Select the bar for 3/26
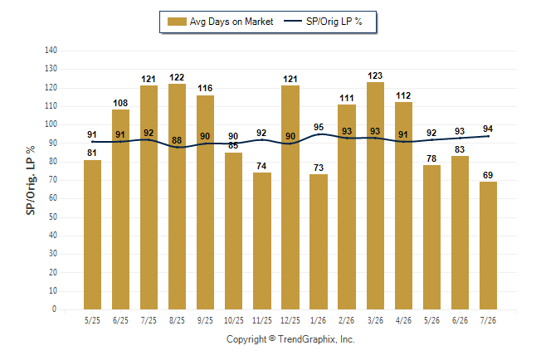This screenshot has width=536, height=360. tap(375, 196)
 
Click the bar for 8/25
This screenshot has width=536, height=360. tap(177, 197)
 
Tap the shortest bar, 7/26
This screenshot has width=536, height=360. tap(488, 246)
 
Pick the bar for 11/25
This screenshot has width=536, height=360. tap(262, 241)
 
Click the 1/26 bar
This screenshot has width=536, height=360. tap(319, 241)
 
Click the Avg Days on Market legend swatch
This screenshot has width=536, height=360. tap(177, 22)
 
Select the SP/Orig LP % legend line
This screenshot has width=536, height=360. tap(293, 22)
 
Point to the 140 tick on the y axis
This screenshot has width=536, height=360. tap(51, 51)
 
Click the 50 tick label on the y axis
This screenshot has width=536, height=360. tap(52, 216)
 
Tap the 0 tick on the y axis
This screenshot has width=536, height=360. tap(55, 309)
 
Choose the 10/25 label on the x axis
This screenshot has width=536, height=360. tap(234, 320)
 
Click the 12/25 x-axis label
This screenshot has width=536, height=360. tap(290, 320)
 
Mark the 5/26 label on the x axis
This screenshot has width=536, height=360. tap(431, 320)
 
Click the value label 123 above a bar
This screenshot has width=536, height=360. tap(375, 75)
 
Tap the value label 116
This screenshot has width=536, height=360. tap(205, 88)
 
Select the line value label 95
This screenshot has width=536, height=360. tap(319, 127)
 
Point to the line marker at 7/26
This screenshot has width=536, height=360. tap(488, 136)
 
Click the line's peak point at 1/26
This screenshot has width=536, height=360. tap(319, 134)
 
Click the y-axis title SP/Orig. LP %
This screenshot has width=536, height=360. tap(31, 180)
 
